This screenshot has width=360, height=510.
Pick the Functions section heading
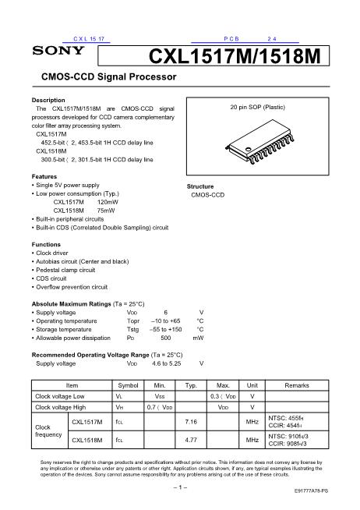(46, 244)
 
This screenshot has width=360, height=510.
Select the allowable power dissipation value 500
(165, 338)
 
